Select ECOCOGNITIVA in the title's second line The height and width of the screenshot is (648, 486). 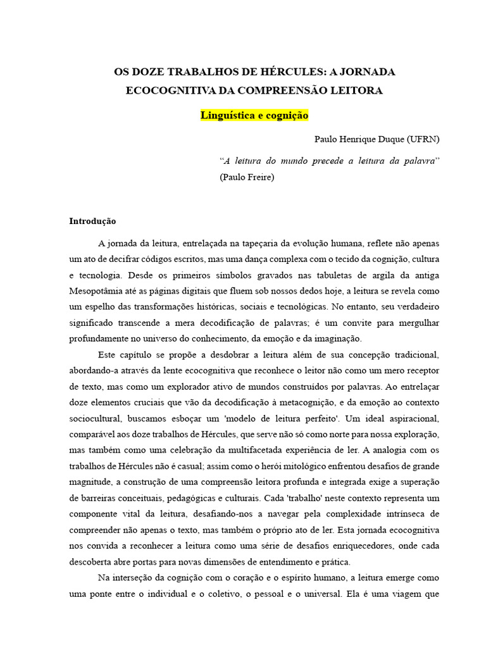[x=167, y=90]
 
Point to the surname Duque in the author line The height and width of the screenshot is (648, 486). [x=385, y=139]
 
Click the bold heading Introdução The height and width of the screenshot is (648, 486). [x=92, y=221]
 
